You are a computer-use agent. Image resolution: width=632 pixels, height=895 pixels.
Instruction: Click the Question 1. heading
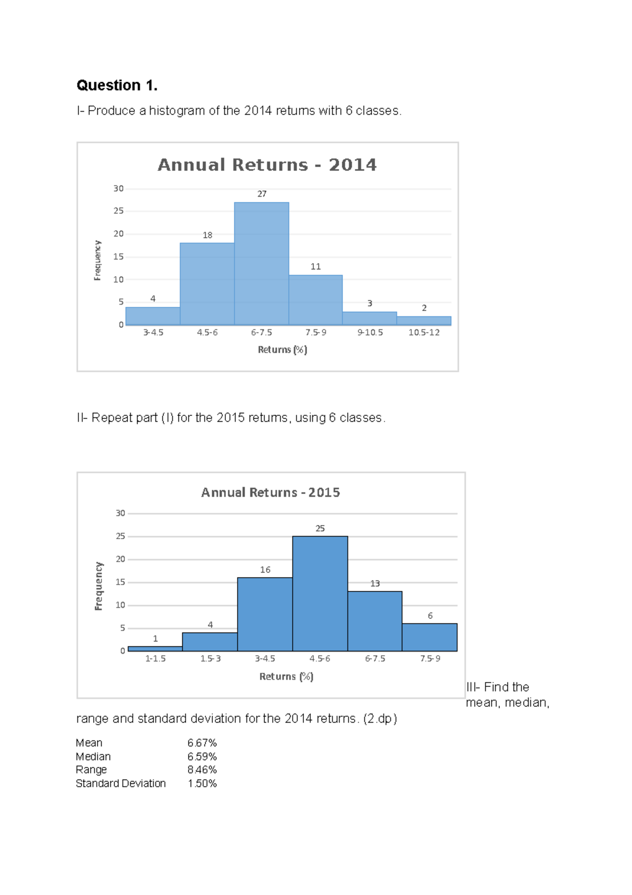[117, 85]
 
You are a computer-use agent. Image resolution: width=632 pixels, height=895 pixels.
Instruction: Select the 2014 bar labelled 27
[261, 264]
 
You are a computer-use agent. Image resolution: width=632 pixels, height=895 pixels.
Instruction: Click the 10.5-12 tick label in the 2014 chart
[424, 333]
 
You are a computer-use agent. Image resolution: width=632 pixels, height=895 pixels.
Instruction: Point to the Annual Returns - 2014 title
[267, 165]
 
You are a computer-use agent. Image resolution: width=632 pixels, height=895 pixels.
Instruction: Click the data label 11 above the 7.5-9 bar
[315, 267]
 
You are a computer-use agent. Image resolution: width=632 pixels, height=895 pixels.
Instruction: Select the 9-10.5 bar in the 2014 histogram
[369, 318]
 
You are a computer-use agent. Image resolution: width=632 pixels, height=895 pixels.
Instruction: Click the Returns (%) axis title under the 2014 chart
[282, 349]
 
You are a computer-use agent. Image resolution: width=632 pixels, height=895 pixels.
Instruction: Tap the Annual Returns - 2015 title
[270, 492]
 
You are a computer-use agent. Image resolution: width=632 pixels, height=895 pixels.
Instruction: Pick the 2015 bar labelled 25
[320, 594]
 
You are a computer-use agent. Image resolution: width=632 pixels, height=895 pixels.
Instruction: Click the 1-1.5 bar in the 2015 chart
[155, 649]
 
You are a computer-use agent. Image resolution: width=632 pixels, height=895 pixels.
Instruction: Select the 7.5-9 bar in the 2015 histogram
[430, 637]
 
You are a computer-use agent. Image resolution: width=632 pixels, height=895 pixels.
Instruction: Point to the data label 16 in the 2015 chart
[265, 570]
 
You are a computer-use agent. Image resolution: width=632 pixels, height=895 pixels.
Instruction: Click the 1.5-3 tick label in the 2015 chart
[210, 659]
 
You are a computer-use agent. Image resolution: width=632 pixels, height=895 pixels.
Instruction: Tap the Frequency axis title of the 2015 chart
[98, 586]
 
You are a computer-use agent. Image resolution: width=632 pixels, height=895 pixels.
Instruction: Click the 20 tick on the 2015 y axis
[120, 559]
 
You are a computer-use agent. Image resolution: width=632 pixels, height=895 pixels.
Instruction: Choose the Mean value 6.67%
[202, 743]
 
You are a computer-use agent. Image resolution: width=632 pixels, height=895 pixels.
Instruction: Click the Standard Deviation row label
[121, 784]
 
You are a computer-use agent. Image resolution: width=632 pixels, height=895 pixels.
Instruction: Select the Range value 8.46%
[202, 770]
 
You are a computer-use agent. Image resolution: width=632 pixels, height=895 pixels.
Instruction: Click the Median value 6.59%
[202, 756]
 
